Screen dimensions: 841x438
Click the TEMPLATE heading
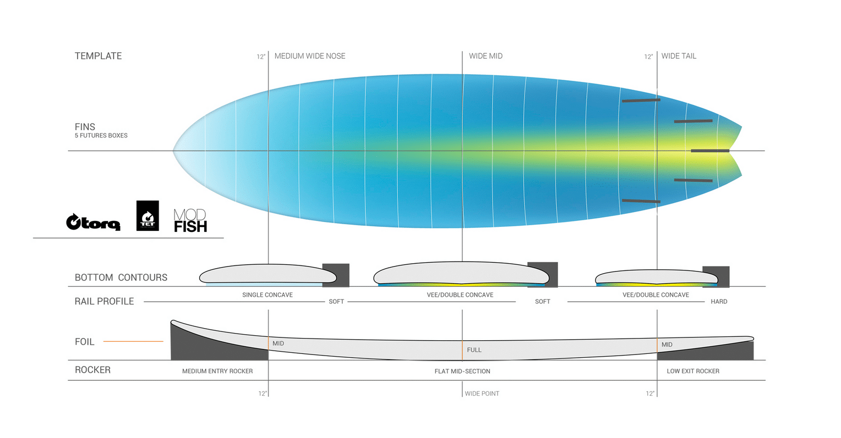tap(98, 56)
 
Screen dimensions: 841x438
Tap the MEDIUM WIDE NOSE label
tap(310, 56)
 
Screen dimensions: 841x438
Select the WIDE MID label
tap(485, 56)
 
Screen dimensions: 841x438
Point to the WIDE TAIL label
tap(679, 56)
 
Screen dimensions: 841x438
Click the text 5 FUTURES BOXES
tap(101, 135)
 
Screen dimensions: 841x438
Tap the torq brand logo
tap(93, 222)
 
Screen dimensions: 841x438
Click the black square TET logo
tap(148, 215)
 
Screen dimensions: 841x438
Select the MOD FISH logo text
tap(190, 221)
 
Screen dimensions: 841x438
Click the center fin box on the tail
tap(710, 151)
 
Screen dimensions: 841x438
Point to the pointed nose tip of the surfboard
tap(173, 151)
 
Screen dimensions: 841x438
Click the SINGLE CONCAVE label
tap(267, 295)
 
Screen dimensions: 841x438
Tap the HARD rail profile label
tap(719, 302)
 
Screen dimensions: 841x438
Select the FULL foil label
tap(474, 350)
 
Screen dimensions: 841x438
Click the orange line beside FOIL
tap(133, 341)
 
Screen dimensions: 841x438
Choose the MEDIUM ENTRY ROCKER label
tap(217, 372)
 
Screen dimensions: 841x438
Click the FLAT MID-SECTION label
tap(462, 372)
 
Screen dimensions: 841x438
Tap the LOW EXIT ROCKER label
tap(693, 372)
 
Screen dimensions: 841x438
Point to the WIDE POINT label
tap(482, 393)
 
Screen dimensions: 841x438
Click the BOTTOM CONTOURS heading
tap(121, 278)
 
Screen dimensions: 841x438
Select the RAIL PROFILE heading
tap(104, 302)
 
